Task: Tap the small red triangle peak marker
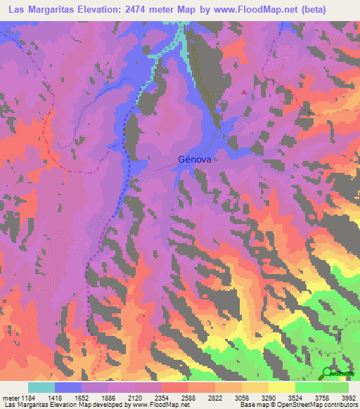pos(244,91)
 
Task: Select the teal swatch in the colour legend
pos(41,387)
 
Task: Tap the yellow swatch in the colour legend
pos(282,387)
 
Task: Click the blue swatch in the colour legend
pos(68,387)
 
